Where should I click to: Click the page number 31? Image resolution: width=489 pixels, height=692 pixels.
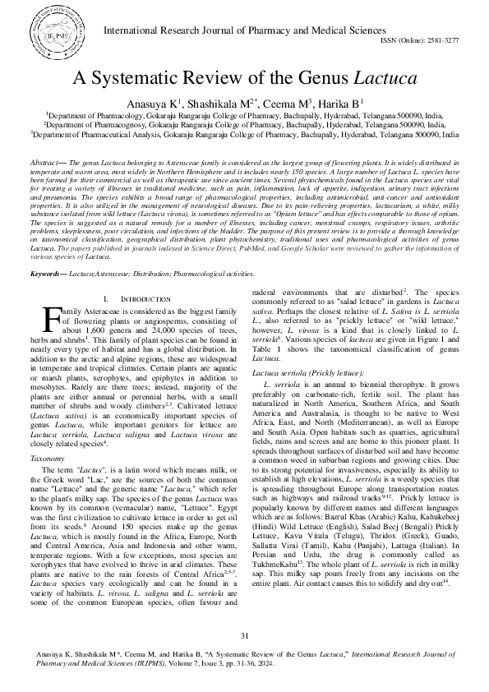click(244, 636)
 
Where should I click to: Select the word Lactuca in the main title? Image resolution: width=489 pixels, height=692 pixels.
click(385, 80)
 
